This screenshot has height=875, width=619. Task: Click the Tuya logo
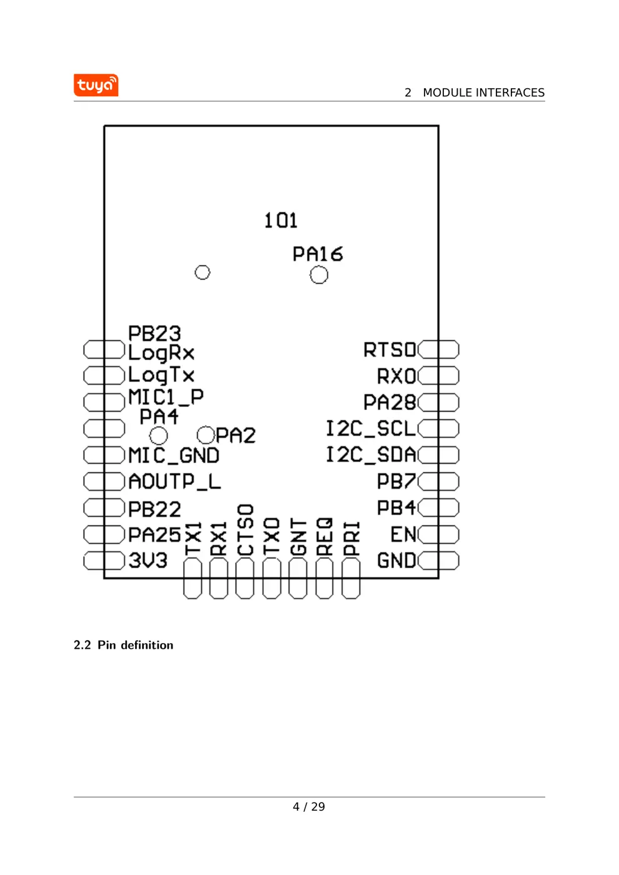[96, 85]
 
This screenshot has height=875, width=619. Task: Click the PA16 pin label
[318, 254]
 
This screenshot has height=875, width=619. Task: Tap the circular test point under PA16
[319, 275]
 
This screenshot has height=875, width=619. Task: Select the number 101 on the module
[280, 220]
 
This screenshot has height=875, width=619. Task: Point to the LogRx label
[161, 353]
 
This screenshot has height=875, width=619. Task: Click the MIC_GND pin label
[174, 456]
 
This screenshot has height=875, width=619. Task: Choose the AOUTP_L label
[174, 481]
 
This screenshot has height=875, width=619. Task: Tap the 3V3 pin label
[148, 560]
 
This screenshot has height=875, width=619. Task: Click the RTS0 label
[390, 349]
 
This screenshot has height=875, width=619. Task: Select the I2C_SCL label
[370, 428]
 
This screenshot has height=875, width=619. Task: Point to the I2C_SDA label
[370, 454]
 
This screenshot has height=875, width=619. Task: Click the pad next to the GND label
[439, 561]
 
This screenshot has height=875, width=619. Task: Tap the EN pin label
[403, 534]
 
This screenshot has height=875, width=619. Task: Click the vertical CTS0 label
[245, 530]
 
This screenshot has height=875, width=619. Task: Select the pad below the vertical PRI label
[351, 578]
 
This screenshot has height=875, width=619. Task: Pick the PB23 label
[154, 333]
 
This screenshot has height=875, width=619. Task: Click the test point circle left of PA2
[206, 434]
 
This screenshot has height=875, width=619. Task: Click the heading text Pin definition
[135, 645]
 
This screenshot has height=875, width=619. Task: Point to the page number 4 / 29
[309, 807]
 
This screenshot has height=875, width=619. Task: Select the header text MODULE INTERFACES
[483, 92]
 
